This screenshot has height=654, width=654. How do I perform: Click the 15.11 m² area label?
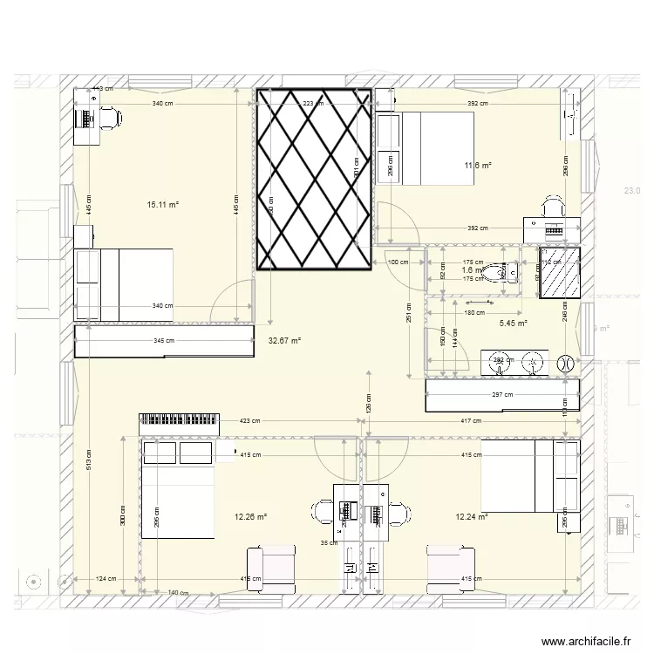point(163,205)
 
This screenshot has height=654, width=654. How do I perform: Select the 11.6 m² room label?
point(479,165)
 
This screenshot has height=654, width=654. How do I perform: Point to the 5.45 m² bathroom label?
point(513,324)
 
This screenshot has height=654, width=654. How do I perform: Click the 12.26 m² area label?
point(250,516)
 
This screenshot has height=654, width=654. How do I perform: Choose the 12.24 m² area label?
point(471,516)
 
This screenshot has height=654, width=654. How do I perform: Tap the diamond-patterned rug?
point(314,179)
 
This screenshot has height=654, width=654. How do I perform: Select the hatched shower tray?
point(559,274)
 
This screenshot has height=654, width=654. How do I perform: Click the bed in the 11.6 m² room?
point(426,148)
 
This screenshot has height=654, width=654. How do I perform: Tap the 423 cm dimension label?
point(250,421)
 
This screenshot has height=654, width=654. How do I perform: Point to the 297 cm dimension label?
point(503,395)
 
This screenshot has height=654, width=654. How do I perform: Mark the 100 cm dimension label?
point(398,262)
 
